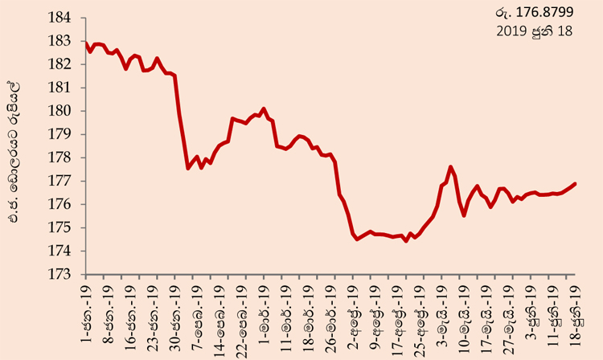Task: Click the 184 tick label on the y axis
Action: [59, 18]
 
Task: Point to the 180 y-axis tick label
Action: [59, 111]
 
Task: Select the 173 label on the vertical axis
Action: [59, 274]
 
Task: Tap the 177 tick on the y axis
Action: [59, 181]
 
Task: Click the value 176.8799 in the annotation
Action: [544, 12]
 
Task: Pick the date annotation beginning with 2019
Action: [534, 31]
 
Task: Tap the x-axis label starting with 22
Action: [242, 322]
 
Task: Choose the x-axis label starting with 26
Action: [330, 319]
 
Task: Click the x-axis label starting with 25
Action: [422, 319]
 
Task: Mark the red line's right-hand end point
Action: [576, 184]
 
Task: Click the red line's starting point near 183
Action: [86, 43]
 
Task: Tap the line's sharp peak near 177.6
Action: [450, 167]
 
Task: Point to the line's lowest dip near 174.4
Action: [406, 241]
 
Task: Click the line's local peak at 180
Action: [264, 108]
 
